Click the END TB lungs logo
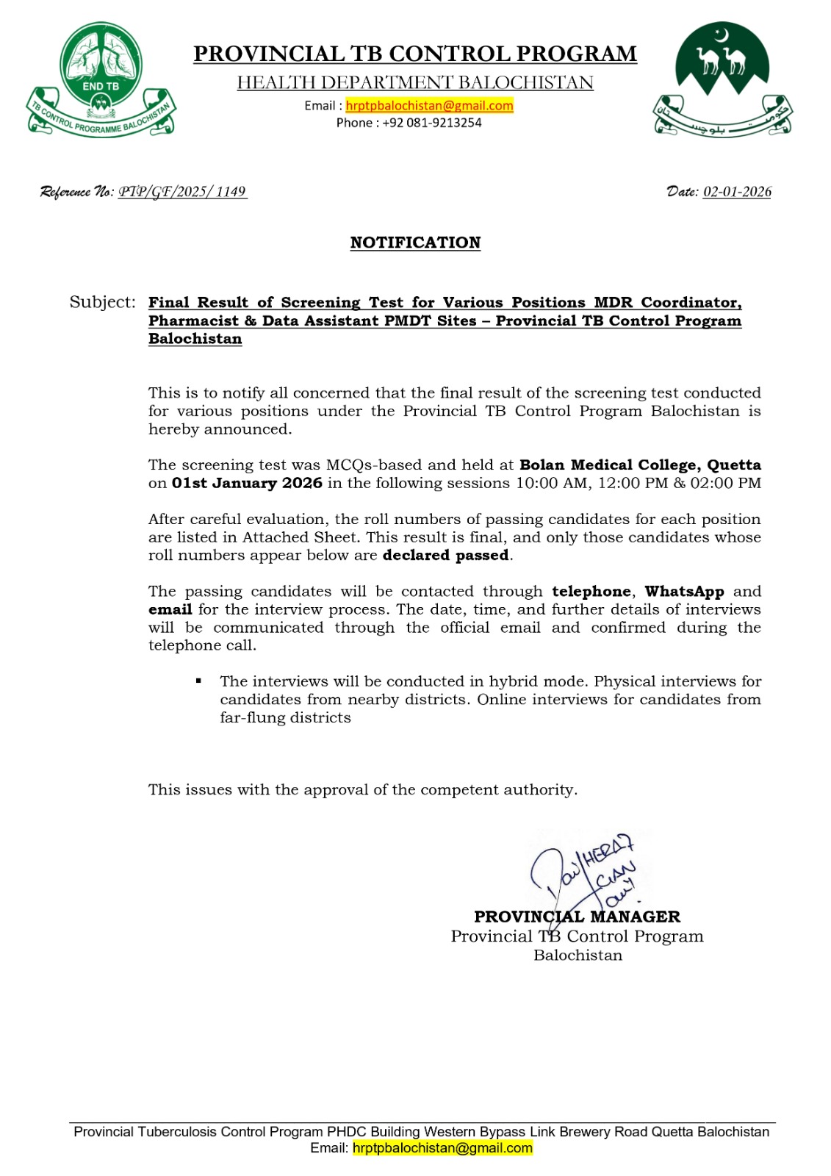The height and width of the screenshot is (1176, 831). [101, 79]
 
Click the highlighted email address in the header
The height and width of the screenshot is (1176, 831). [429, 106]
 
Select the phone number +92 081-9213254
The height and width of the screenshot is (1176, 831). [431, 123]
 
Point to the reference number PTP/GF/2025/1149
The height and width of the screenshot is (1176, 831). [182, 192]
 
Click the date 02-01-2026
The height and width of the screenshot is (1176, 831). [737, 192]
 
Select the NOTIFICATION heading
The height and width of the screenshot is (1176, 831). [415, 243]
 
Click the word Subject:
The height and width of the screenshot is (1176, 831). [102, 302]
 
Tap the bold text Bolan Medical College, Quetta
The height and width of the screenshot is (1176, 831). [640, 465]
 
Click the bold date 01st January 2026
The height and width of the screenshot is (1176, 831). [247, 483]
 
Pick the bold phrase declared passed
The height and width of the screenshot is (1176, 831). [445, 555]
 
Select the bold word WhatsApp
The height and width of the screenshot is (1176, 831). [684, 591]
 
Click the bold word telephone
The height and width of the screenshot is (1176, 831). [591, 591]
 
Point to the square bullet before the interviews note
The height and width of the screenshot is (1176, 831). [198, 681]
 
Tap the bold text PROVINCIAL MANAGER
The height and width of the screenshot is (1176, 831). [577, 917]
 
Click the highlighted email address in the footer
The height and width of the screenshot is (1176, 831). [442, 1148]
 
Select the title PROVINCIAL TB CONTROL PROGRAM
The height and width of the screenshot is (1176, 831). [415, 54]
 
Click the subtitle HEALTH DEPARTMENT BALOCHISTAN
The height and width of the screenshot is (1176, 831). [415, 82]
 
